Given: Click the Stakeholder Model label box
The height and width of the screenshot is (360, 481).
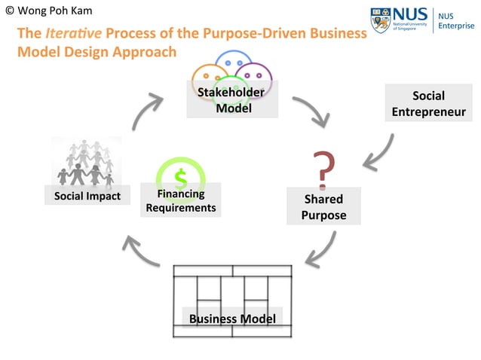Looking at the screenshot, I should pyautogui.click(x=231, y=99).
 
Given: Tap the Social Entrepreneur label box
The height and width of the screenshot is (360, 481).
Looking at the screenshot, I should pyautogui.click(x=428, y=104).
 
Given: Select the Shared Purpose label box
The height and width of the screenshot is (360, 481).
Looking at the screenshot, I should pyautogui.click(x=323, y=206).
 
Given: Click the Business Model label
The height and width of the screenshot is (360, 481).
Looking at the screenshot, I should pyautogui.click(x=232, y=318).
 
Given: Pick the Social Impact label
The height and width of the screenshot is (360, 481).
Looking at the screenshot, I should pyautogui.click(x=87, y=196).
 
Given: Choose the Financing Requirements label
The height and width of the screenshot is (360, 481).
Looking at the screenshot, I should pyautogui.click(x=181, y=200).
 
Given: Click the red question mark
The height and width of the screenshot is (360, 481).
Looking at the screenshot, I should pyautogui.click(x=323, y=169).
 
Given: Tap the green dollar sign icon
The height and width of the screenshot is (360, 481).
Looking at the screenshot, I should pyautogui.click(x=181, y=178).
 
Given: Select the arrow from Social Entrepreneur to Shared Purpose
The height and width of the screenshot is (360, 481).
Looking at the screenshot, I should pyautogui.click(x=378, y=154).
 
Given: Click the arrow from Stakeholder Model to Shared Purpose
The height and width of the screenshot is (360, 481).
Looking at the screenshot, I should pyautogui.click(x=313, y=111).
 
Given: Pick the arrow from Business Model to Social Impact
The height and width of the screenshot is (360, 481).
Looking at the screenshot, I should pyautogui.click(x=142, y=251).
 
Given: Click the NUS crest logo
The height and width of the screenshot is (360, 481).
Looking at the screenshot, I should pyautogui.click(x=381, y=20).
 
